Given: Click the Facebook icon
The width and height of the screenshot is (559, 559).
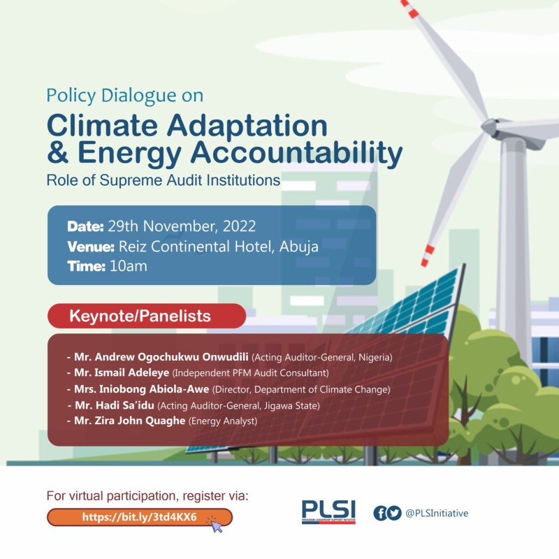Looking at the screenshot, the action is point(380,514).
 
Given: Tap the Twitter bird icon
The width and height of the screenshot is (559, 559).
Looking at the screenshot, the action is point(394,514).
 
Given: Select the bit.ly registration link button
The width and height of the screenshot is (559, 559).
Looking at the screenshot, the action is point(139,517).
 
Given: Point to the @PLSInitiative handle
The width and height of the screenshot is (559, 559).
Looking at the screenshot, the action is point(437,514).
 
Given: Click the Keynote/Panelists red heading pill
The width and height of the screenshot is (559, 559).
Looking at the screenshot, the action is point(147,316).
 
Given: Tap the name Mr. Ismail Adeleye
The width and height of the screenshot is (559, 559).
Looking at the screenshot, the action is point(122,372).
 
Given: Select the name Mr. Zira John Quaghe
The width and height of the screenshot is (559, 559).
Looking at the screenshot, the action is point(130,421).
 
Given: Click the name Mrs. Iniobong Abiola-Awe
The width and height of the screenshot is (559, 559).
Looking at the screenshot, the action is point(142,389).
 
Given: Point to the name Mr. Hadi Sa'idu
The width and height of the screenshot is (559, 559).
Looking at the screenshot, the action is point(115,405).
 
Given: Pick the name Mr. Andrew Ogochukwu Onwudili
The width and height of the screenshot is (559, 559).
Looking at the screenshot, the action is point(161,357).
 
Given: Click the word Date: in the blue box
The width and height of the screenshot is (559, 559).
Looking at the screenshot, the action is point(85,226).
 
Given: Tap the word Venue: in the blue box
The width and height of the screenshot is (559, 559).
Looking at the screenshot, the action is point(91,247).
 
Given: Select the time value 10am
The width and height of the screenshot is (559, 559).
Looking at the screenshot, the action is point(129,266).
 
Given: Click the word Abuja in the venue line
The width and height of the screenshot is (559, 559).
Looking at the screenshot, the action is point(299,247).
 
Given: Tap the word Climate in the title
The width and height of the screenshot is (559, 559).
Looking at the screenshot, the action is point(102,126).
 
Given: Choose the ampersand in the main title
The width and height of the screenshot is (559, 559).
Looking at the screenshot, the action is point(58,152).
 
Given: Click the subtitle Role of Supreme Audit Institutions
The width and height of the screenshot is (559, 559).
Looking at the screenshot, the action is point(164,180).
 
